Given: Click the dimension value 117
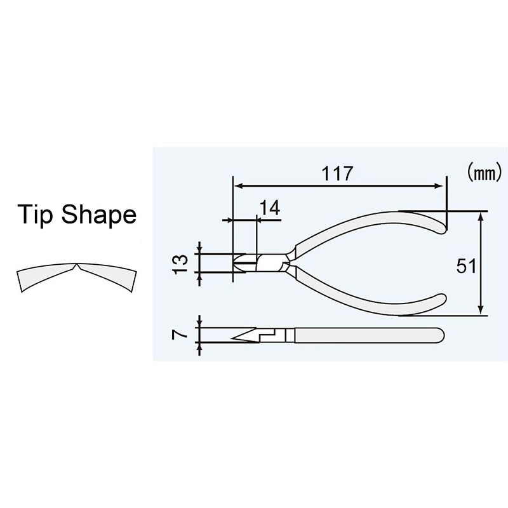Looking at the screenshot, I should (x=337, y=174).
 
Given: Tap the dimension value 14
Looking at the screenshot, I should (x=269, y=208).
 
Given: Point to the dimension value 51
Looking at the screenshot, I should (x=467, y=267).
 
